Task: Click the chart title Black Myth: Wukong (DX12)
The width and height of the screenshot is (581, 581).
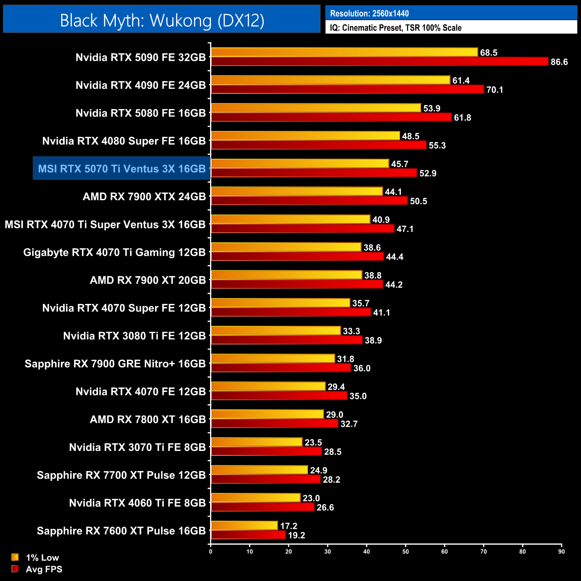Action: click(162, 21)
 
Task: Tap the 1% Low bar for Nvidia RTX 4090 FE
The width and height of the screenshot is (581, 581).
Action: click(330, 80)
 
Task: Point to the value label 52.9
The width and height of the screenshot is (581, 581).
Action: click(428, 173)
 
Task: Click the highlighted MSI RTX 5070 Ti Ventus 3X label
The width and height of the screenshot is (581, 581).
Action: click(122, 168)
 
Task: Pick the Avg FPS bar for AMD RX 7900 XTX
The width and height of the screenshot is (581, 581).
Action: click(309, 201)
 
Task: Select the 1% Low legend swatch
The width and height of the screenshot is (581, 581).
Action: click(15, 557)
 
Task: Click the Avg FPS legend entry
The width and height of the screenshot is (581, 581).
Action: click(44, 569)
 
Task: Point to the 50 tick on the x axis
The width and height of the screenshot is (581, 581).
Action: click(405, 552)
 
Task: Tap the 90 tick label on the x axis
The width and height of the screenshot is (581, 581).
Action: click(561, 552)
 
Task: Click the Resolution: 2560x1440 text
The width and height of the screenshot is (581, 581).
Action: click(369, 13)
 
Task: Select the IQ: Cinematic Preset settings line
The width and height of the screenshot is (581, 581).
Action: click(396, 28)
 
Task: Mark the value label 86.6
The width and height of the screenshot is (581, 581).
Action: click(559, 62)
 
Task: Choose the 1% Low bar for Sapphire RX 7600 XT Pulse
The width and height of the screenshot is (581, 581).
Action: click(244, 526)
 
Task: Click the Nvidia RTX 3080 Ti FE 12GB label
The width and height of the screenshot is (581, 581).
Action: click(135, 336)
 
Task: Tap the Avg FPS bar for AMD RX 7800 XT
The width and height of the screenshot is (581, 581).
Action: click(274, 424)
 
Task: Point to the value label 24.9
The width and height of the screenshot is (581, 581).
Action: click(319, 470)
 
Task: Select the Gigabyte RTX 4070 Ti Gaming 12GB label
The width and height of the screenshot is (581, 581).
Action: click(114, 253)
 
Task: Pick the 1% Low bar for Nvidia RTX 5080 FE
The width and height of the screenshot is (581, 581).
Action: click(316, 108)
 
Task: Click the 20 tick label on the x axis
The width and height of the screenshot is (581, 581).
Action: click(288, 552)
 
